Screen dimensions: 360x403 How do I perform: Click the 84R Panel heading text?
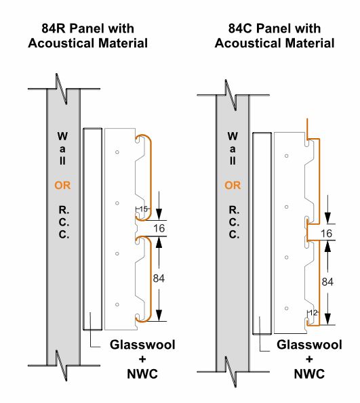(x=87, y=36)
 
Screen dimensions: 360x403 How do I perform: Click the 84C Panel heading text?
(x=275, y=36)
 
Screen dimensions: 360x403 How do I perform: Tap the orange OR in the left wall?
(x=62, y=186)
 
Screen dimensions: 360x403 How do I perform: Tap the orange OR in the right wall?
(x=233, y=186)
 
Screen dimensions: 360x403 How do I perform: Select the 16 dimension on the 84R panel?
(x=159, y=228)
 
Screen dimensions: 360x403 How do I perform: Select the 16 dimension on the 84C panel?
(x=326, y=234)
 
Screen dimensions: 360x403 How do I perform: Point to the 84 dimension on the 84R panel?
(x=159, y=278)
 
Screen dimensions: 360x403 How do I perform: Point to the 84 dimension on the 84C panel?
(x=327, y=282)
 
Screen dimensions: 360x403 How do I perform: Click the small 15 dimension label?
(x=144, y=209)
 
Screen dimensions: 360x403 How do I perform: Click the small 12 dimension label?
(x=313, y=313)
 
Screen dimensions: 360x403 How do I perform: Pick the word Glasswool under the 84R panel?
(x=142, y=345)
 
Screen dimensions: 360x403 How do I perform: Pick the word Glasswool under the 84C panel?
(x=309, y=345)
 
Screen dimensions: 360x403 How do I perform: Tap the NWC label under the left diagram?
(x=142, y=374)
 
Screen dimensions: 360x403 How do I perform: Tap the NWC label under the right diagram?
(x=309, y=374)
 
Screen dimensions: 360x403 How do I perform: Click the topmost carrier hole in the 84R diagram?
(x=117, y=152)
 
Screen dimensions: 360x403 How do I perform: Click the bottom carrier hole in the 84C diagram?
(x=286, y=308)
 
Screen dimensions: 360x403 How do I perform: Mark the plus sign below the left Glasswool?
(x=142, y=359)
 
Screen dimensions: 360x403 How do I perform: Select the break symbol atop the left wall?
(x=62, y=89)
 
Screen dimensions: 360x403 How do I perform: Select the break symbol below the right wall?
(x=231, y=372)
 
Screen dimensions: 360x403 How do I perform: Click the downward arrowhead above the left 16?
(x=159, y=214)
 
